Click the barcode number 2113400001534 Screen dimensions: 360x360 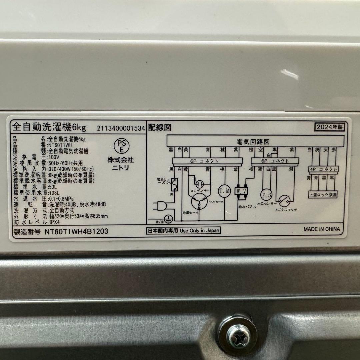121,128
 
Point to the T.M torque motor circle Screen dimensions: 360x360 224,191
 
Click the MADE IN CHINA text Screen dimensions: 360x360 321,229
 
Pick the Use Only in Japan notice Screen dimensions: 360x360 183,230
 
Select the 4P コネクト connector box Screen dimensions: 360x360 323,169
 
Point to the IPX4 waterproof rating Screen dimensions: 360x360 55,222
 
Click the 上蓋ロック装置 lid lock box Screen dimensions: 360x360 323,194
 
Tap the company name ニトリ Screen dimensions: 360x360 120,168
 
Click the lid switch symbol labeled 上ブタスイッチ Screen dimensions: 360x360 284,200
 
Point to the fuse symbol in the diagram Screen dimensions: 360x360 174,185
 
